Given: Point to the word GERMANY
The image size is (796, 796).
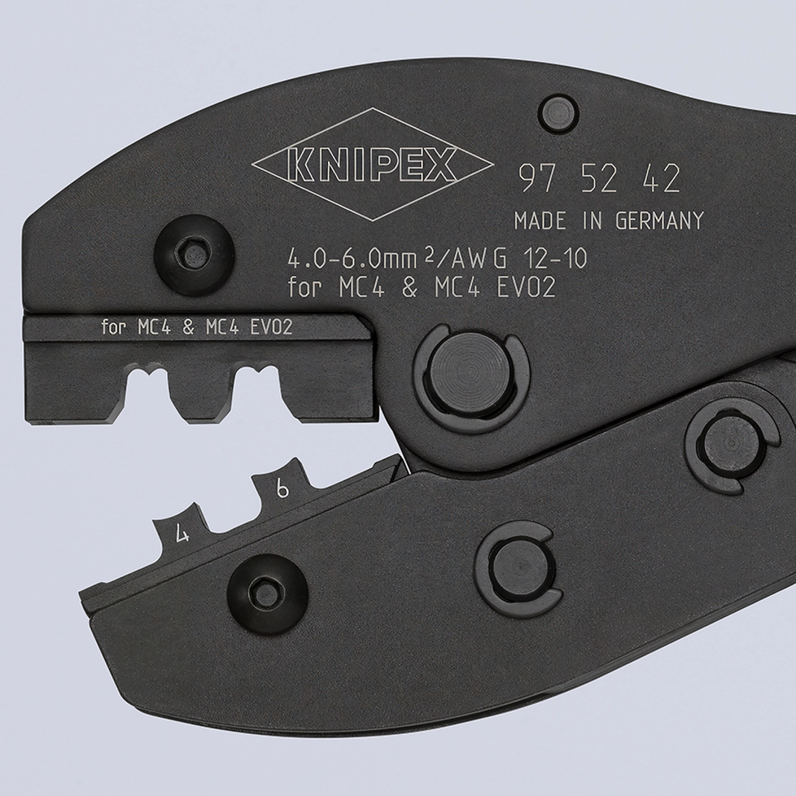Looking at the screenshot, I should (660, 220).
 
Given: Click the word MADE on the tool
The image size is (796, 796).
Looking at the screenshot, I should (540, 220).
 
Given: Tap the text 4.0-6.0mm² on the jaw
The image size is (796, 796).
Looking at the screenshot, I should (350, 259).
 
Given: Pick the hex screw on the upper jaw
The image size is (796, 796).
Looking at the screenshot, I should (192, 249).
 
